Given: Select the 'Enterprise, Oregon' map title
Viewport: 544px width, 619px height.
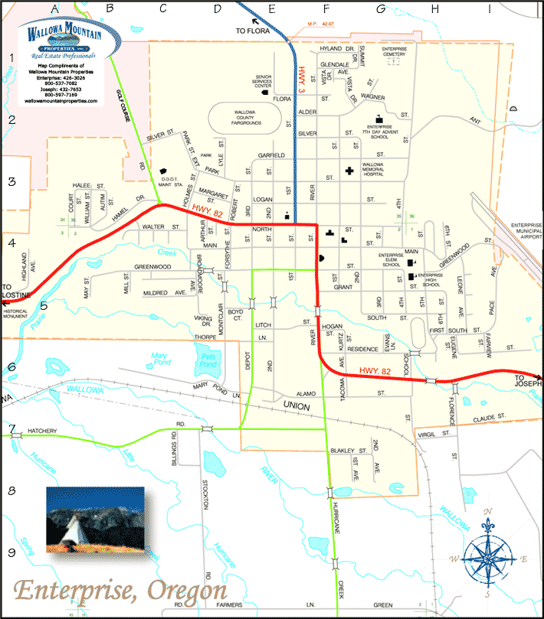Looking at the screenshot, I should point(120,590).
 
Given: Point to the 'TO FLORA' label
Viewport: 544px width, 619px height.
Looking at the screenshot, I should point(255,31).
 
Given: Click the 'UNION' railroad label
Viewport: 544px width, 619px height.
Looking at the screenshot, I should point(294,406).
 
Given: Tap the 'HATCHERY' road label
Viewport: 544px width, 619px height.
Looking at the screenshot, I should point(43,431).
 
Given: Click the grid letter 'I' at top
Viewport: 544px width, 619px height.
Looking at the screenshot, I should point(489,8).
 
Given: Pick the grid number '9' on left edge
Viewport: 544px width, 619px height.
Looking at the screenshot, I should point(11,552).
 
